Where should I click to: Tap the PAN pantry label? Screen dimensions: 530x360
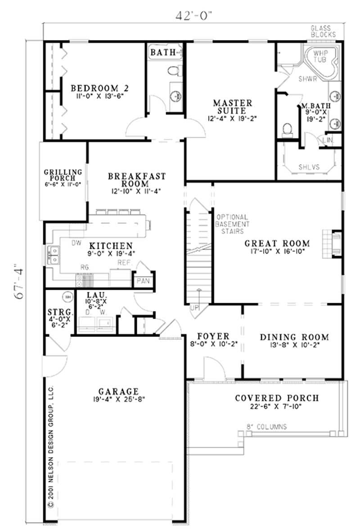pos(144,281)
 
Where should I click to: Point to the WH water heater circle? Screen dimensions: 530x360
pos(68,296)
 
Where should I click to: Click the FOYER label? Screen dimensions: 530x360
pos(213,336)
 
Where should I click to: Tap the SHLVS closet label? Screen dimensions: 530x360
pos(309,166)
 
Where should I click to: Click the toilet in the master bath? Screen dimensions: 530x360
pos(286,129)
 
